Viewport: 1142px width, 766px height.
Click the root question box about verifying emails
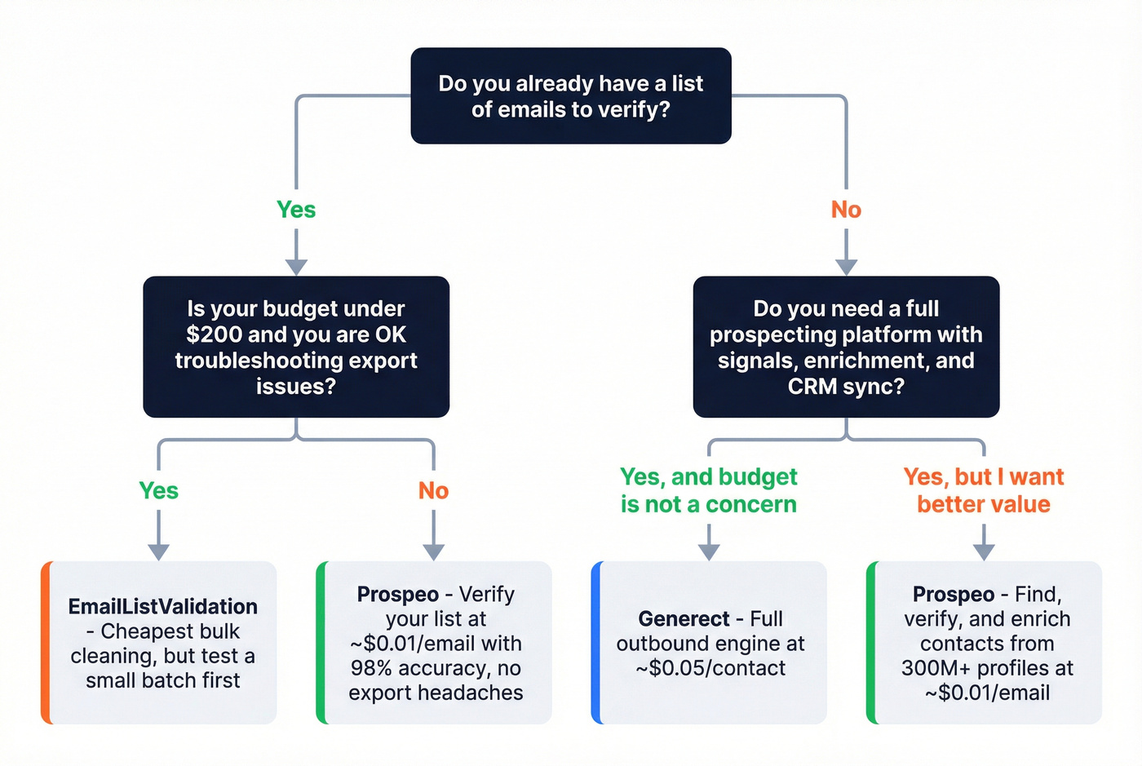570,96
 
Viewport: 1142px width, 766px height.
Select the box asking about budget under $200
296,347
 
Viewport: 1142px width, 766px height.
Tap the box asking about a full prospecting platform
846,347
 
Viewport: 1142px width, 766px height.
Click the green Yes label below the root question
296,210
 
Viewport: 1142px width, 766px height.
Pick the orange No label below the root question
846,210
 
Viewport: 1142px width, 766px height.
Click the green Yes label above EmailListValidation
158,490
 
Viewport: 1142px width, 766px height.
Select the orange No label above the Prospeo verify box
433,490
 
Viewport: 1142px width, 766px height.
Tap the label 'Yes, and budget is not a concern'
708,490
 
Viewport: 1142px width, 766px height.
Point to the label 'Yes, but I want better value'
983,490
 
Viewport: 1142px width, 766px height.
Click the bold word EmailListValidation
162,606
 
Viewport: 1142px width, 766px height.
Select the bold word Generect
684,619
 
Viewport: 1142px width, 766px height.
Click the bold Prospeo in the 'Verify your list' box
397,594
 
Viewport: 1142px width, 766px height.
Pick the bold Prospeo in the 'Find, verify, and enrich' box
953,594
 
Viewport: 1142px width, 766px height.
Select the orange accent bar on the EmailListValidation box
46,643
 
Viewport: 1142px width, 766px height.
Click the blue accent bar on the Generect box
596,643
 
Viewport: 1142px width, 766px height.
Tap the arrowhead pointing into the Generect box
709,551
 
